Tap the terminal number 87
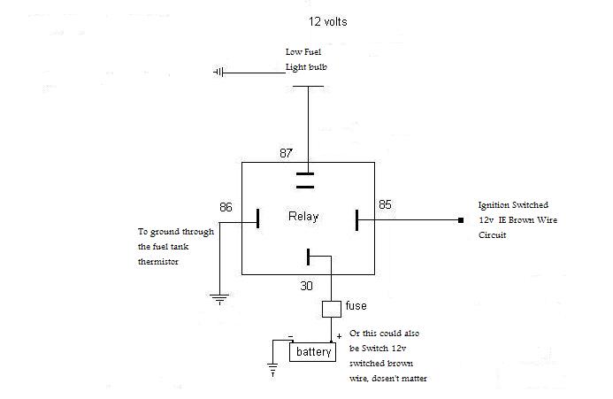[286, 153]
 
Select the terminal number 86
[226, 207]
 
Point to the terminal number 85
[385, 205]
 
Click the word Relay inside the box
[303, 217]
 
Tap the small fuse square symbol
[331, 309]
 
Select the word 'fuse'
[356, 306]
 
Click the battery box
[313, 352]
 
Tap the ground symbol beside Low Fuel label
[218, 71]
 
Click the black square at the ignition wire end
[460, 219]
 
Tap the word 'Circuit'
[492, 236]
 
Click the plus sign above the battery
[339, 337]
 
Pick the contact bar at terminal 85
[357, 219]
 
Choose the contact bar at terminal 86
[257, 219]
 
